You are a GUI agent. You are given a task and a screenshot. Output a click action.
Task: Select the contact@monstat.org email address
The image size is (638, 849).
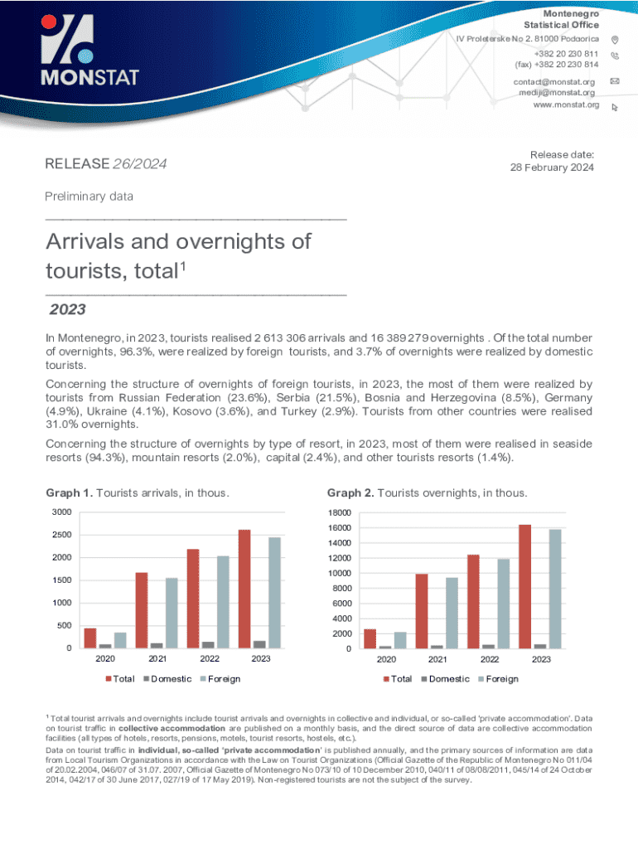tap(554, 81)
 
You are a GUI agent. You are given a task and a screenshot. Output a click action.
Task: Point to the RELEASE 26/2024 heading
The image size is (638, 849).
tap(106, 164)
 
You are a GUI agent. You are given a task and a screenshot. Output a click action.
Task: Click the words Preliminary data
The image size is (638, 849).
tap(89, 196)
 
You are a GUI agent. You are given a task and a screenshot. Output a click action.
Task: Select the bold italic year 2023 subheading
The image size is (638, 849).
tap(67, 310)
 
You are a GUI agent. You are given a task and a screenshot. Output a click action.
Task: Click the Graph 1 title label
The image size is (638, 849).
tap(137, 493)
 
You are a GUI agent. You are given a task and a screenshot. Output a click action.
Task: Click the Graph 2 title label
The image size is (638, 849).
tap(427, 493)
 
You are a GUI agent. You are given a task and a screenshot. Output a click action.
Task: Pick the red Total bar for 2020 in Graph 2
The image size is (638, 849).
tap(370, 638)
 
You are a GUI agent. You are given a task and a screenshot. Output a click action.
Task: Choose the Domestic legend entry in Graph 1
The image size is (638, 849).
tap(169, 679)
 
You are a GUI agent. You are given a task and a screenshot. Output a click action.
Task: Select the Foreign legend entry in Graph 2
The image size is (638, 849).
tap(502, 679)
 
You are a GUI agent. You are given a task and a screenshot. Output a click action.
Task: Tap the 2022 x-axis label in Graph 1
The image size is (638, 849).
tap(209, 660)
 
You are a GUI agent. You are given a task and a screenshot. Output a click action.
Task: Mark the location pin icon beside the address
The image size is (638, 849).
tap(614, 40)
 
